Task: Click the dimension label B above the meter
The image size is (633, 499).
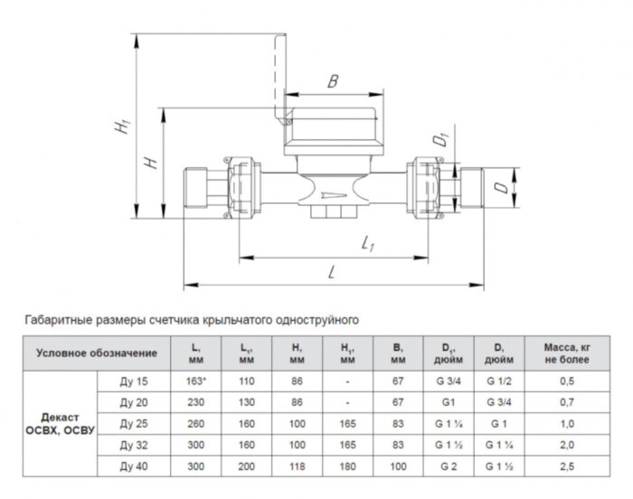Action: [334, 82]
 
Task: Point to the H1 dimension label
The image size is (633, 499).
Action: [120, 129]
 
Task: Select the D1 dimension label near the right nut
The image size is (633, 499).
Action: [440, 139]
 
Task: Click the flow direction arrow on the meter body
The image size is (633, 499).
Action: [334, 193]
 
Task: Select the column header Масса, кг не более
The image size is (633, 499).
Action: [567, 353]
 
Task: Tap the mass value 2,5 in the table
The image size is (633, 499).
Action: [567, 466]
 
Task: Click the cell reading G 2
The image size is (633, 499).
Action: [447, 466]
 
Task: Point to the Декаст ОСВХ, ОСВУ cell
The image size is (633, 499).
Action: [58, 423]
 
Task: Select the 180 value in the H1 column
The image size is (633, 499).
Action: [348, 466]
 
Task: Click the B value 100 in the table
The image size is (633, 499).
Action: [397, 466]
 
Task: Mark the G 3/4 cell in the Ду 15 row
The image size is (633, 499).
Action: [447, 381]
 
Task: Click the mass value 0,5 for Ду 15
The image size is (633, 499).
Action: [567, 381]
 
